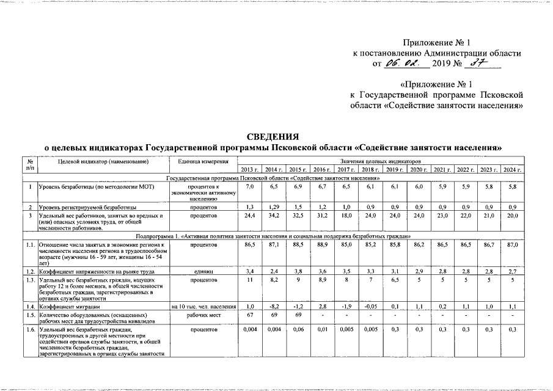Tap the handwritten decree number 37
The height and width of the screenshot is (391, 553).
point(472,64)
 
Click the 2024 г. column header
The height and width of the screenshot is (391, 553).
point(512,169)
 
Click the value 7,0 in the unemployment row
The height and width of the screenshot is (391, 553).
point(249,186)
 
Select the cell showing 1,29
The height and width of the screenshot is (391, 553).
point(273,208)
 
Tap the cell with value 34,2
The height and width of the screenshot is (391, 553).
point(273,216)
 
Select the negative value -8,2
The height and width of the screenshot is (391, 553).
point(273,305)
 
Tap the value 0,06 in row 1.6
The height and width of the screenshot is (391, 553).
point(298,330)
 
